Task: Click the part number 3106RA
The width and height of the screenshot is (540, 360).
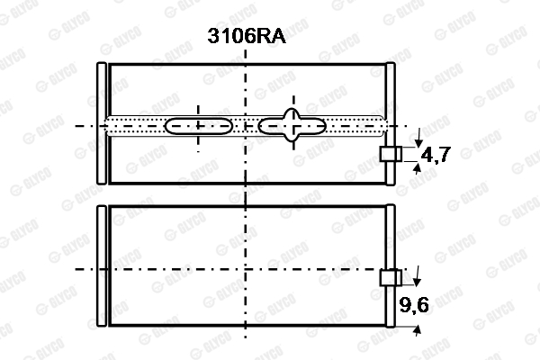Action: click(x=247, y=35)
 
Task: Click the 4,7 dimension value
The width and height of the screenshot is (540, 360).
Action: click(x=436, y=154)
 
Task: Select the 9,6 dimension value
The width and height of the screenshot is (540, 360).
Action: click(x=414, y=304)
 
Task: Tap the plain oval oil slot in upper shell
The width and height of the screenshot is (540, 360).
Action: click(x=199, y=126)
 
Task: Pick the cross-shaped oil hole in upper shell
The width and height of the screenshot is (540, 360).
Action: click(x=292, y=125)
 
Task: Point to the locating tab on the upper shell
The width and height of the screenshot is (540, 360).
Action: click(x=391, y=154)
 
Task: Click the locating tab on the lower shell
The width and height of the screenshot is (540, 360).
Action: click(x=391, y=278)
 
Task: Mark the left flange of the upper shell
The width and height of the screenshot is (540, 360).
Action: click(x=102, y=123)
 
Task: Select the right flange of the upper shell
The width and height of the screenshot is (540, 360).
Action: click(x=391, y=123)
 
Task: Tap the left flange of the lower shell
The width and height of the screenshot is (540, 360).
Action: click(x=102, y=265)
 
